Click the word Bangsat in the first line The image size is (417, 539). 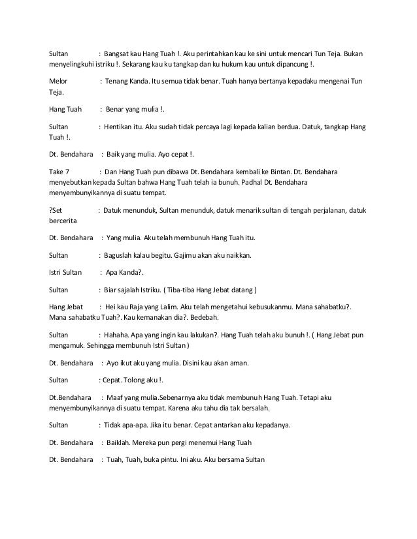coord(118,54)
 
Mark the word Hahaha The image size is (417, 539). coord(119,335)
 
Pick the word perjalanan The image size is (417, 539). coord(329,210)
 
